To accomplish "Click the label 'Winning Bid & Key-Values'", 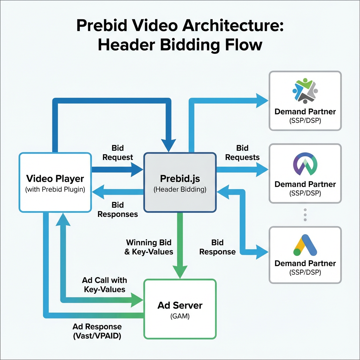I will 149,247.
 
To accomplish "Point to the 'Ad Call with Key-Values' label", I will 104,285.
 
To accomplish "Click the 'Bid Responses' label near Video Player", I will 117,209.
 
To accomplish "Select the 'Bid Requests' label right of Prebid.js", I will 242,153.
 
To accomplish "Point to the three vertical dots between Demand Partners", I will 305,214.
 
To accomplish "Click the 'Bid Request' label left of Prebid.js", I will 117,153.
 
